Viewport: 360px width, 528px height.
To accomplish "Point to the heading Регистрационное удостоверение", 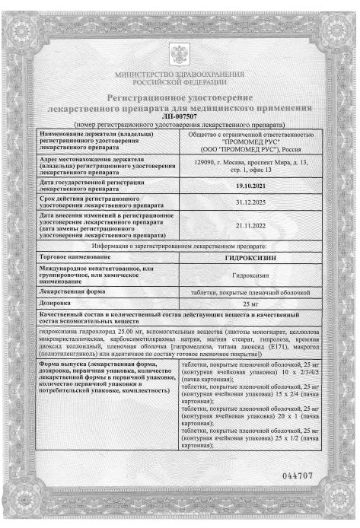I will (180, 99).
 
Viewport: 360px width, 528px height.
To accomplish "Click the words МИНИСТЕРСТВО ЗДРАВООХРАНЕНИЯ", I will (180, 75).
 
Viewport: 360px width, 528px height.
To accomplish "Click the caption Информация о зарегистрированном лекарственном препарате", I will (180, 247).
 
